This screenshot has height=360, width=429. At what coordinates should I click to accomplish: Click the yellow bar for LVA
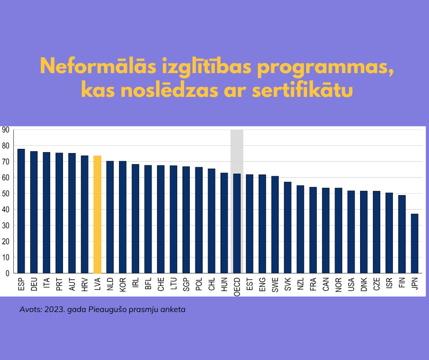click(97, 215)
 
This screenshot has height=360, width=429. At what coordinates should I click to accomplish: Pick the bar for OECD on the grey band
click(237, 223)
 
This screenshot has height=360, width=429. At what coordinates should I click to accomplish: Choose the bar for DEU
click(34, 212)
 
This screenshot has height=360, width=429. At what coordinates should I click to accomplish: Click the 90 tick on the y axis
click(5, 130)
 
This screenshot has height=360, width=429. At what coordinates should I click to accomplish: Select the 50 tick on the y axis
click(5, 194)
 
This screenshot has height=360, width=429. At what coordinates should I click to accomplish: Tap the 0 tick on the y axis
click(8, 273)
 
